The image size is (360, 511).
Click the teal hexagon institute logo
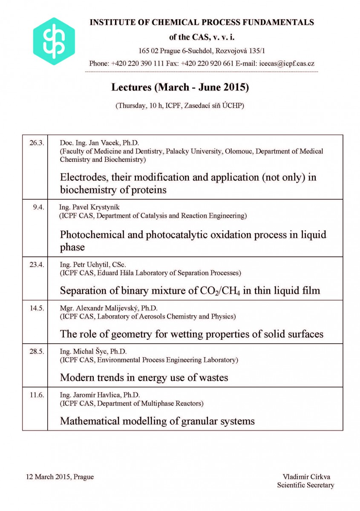pyautogui.click(x=54, y=41)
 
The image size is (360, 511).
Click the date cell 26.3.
pyautogui.click(x=37, y=143)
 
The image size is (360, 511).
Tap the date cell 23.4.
pyautogui.click(x=37, y=264)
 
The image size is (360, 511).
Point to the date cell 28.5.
pyautogui.click(x=37, y=351)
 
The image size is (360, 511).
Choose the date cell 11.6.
pyautogui.click(x=37, y=395)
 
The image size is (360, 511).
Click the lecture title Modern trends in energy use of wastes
pyautogui.click(x=144, y=377)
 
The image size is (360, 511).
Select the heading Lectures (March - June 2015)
pyautogui.click(x=180, y=87)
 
